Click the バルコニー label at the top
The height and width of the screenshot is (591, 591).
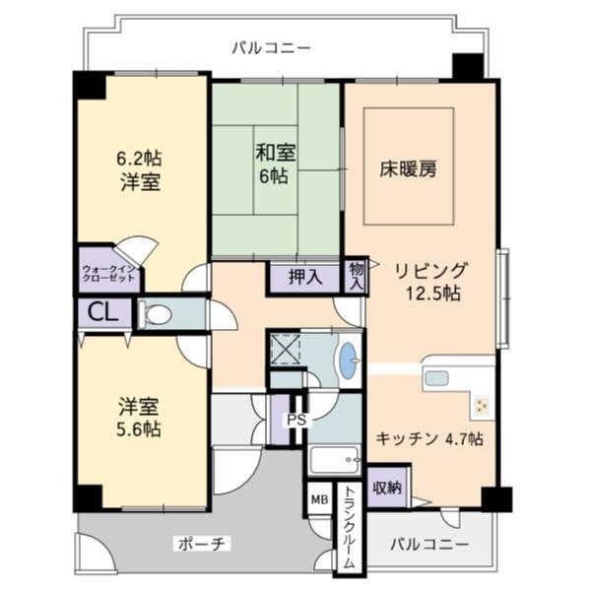click(x=271, y=46)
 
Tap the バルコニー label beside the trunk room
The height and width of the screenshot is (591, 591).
click(x=427, y=544)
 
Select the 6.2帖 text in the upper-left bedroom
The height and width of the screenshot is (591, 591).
click(x=140, y=158)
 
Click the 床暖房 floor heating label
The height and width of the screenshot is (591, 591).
click(x=408, y=168)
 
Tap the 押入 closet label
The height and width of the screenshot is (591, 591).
click(x=304, y=277)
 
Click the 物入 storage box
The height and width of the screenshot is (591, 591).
click(x=356, y=275)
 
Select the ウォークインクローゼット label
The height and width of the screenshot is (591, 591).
click(x=109, y=272)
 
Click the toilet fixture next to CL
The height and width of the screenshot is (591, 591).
click(x=157, y=314)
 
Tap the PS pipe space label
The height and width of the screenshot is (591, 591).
click(x=294, y=419)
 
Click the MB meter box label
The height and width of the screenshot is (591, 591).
click(x=318, y=499)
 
